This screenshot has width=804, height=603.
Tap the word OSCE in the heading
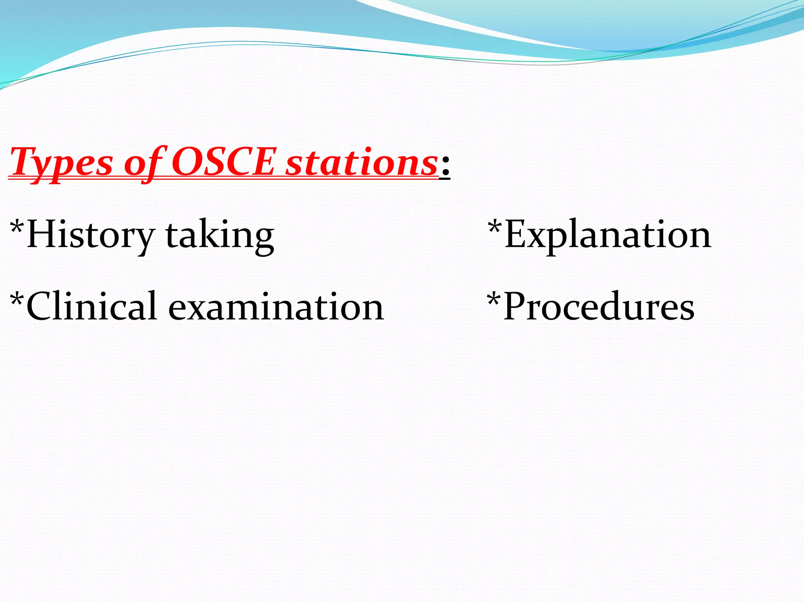[x=223, y=162]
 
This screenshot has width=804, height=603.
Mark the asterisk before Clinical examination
[x=17, y=299]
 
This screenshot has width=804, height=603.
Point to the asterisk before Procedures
[x=494, y=299]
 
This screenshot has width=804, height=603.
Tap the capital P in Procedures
[x=516, y=306]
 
